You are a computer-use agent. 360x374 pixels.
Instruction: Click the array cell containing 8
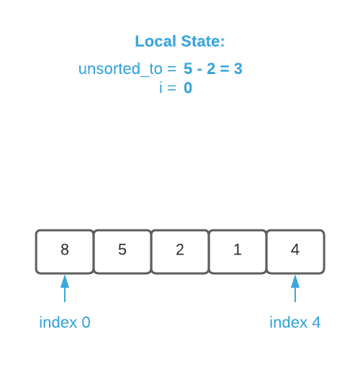click(x=65, y=251)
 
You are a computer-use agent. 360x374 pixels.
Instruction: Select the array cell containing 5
click(x=122, y=251)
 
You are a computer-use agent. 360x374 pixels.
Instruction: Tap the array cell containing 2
click(x=180, y=251)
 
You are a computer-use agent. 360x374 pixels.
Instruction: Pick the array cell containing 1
click(x=238, y=251)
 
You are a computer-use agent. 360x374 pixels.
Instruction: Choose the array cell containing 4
click(x=295, y=251)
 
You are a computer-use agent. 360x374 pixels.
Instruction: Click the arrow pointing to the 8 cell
click(x=65, y=288)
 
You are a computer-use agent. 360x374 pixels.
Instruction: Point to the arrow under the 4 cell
click(x=295, y=288)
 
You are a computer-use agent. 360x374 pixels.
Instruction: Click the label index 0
click(x=65, y=322)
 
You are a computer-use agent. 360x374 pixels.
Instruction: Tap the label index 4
click(x=295, y=322)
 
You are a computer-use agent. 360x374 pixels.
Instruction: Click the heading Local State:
click(x=180, y=41)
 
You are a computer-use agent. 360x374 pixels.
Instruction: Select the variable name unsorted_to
click(x=120, y=70)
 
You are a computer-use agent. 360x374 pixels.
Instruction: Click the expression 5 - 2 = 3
click(x=213, y=70)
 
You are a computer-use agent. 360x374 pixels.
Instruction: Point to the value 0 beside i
click(x=188, y=88)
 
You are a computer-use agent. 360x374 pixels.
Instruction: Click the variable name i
click(x=161, y=88)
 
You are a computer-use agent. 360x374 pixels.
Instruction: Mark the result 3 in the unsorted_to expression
click(x=238, y=70)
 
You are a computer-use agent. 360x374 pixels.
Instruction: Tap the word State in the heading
click(x=202, y=41)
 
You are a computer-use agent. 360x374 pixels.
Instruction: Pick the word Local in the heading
click(x=155, y=41)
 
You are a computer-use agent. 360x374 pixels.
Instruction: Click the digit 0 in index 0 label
click(x=86, y=322)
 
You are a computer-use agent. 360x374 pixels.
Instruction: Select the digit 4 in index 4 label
click(x=316, y=322)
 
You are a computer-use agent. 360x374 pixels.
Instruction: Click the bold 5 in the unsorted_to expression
click(x=189, y=70)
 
